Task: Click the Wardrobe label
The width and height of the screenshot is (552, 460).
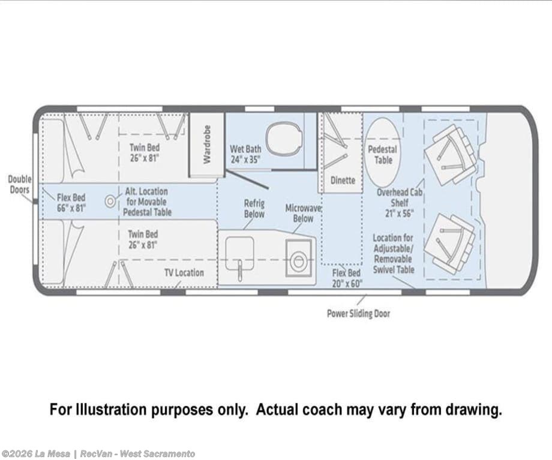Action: [x=206, y=145]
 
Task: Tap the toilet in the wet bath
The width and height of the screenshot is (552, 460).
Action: [x=284, y=139]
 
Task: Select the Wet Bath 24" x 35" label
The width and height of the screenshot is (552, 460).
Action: [x=245, y=154]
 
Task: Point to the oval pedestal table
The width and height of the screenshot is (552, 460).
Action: [x=382, y=152]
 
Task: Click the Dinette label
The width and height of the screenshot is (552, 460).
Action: [x=343, y=180]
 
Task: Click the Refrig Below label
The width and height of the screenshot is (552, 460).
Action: [x=254, y=209]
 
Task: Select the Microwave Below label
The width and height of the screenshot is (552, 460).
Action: [x=303, y=214]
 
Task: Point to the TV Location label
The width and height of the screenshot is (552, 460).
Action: [x=184, y=273]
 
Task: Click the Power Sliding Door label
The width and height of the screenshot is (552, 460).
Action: [x=358, y=314]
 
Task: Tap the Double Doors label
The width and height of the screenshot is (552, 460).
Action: [x=20, y=185]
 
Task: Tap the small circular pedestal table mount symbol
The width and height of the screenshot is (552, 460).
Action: [x=110, y=202]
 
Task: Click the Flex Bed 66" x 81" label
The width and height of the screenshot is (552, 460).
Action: [x=71, y=203]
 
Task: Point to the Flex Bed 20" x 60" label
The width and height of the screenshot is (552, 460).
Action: [x=347, y=278]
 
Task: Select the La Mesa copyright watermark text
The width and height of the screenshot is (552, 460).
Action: [x=98, y=453]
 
